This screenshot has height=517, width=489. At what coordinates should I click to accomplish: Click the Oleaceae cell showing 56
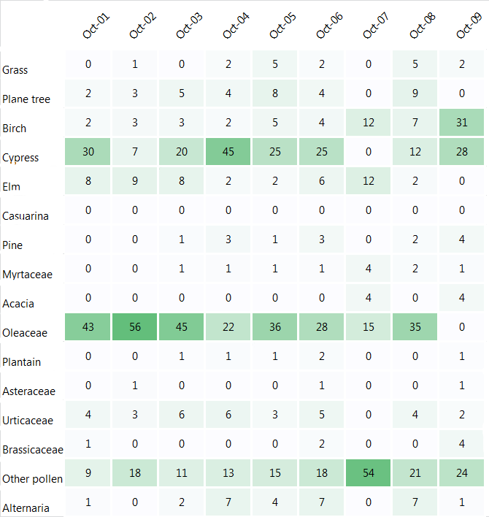pyautogui.click(x=134, y=326)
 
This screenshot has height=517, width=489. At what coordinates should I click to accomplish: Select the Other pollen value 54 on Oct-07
pyautogui.click(x=369, y=472)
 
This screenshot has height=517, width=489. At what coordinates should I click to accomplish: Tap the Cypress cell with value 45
pyautogui.click(x=228, y=151)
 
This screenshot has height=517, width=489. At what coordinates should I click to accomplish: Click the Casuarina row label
pyautogui.click(x=26, y=216)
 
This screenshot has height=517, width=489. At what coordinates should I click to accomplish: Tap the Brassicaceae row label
pyautogui.click(x=32, y=450)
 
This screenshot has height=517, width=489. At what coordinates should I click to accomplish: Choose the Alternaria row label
pyautogui.click(x=26, y=508)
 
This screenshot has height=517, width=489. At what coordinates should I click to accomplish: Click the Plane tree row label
pyautogui.click(x=26, y=99)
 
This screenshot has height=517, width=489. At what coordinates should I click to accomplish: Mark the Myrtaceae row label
pyautogui.click(x=27, y=275)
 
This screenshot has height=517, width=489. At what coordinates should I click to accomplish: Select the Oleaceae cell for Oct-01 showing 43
pyautogui.click(x=88, y=326)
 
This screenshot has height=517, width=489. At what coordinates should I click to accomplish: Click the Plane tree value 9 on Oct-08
pyautogui.click(x=415, y=93)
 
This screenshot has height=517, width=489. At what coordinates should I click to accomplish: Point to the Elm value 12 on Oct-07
pyautogui.click(x=369, y=180)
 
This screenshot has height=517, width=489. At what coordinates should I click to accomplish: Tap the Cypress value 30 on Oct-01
pyautogui.click(x=88, y=151)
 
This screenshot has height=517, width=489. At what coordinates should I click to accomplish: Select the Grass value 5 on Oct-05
pyautogui.click(x=275, y=64)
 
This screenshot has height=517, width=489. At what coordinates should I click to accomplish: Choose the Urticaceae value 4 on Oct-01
pyautogui.click(x=88, y=414)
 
